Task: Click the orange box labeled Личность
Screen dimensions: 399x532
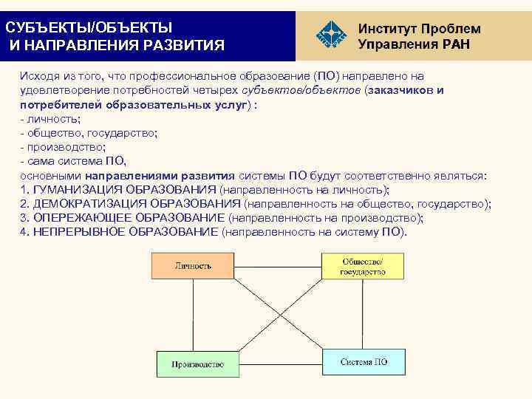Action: click(193, 265)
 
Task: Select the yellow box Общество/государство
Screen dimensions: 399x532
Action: click(362, 266)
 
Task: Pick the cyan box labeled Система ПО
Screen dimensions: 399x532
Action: click(364, 361)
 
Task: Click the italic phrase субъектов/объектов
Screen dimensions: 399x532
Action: click(310, 91)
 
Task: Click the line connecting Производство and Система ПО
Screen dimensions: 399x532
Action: click(281, 363)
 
